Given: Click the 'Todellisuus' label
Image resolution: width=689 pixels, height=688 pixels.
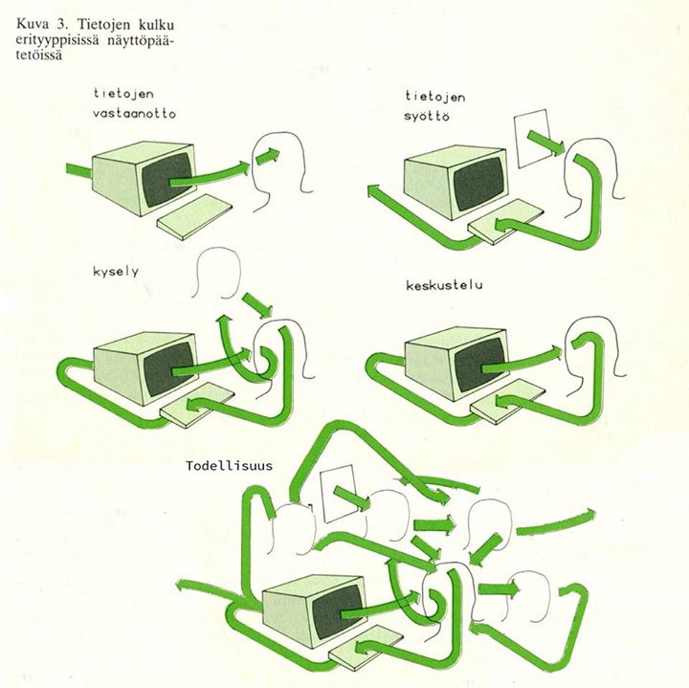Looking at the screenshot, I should pos(230,466).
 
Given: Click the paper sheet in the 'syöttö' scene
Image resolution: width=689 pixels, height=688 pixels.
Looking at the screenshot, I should pos(532,140).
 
